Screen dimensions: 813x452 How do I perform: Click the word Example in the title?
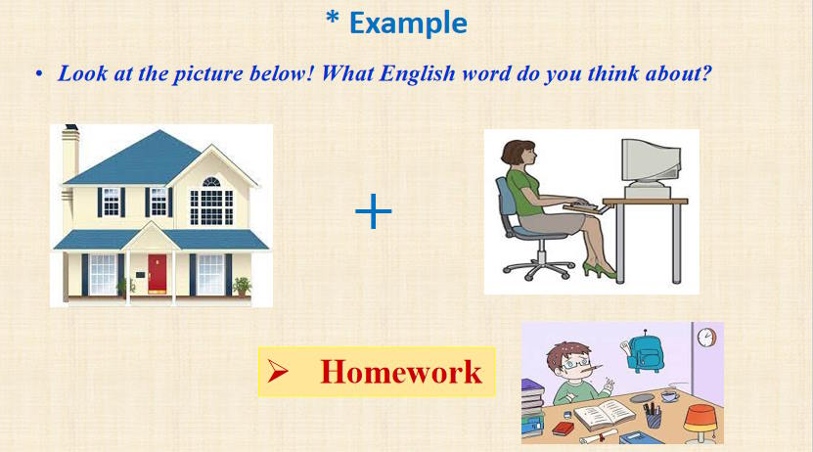[x=409, y=23]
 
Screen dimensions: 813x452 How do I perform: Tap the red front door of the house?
[x=157, y=274]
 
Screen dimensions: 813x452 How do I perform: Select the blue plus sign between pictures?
[x=374, y=211]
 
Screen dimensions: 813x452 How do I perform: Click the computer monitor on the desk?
[x=651, y=164]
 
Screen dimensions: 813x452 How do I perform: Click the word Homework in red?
[x=401, y=372]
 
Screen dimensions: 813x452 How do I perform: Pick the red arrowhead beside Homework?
[x=278, y=371]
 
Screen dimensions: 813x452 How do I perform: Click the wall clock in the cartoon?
[x=706, y=337]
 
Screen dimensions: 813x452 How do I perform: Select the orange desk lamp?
[x=700, y=423]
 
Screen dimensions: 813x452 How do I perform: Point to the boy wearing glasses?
[x=575, y=374]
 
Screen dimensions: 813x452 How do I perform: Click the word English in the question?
[x=418, y=73]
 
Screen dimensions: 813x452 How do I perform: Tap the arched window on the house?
[x=211, y=181]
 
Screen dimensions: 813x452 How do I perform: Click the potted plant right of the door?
[x=241, y=286]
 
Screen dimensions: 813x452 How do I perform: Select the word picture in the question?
[x=207, y=74]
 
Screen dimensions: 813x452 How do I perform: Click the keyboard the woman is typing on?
[x=586, y=206]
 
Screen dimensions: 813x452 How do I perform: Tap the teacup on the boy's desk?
[x=669, y=396]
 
